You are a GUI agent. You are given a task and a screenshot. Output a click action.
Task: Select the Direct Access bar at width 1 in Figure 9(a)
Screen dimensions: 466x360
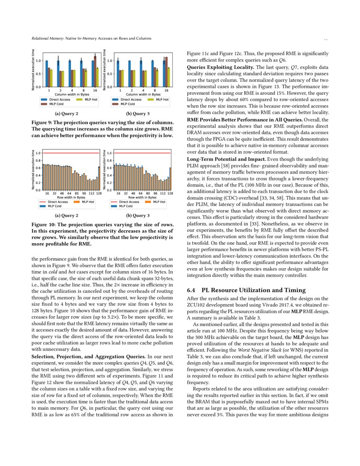(47, 74)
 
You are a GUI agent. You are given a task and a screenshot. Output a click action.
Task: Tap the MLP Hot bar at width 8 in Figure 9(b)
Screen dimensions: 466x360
(157, 78)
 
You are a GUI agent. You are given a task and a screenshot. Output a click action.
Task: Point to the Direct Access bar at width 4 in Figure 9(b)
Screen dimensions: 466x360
(141, 74)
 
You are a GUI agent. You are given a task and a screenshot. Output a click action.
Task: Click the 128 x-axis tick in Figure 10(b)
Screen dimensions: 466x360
(170, 193)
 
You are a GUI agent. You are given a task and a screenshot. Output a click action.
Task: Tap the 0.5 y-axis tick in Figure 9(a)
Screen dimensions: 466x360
(39, 74)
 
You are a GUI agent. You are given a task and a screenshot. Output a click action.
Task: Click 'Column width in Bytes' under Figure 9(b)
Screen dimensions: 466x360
(143, 94)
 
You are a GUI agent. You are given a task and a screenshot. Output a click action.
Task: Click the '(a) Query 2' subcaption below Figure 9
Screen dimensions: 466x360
(67, 114)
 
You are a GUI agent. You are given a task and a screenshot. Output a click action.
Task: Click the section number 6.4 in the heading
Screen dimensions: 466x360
(191, 290)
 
